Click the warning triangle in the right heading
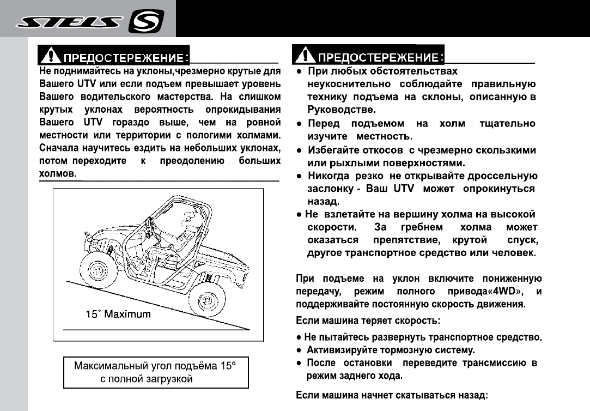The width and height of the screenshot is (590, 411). coord(303,55)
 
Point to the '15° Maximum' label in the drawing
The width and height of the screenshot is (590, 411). coord(119,315)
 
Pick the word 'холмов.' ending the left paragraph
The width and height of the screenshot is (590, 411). coord(57,174)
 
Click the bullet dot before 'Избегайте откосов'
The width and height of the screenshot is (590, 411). coord(300,150)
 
